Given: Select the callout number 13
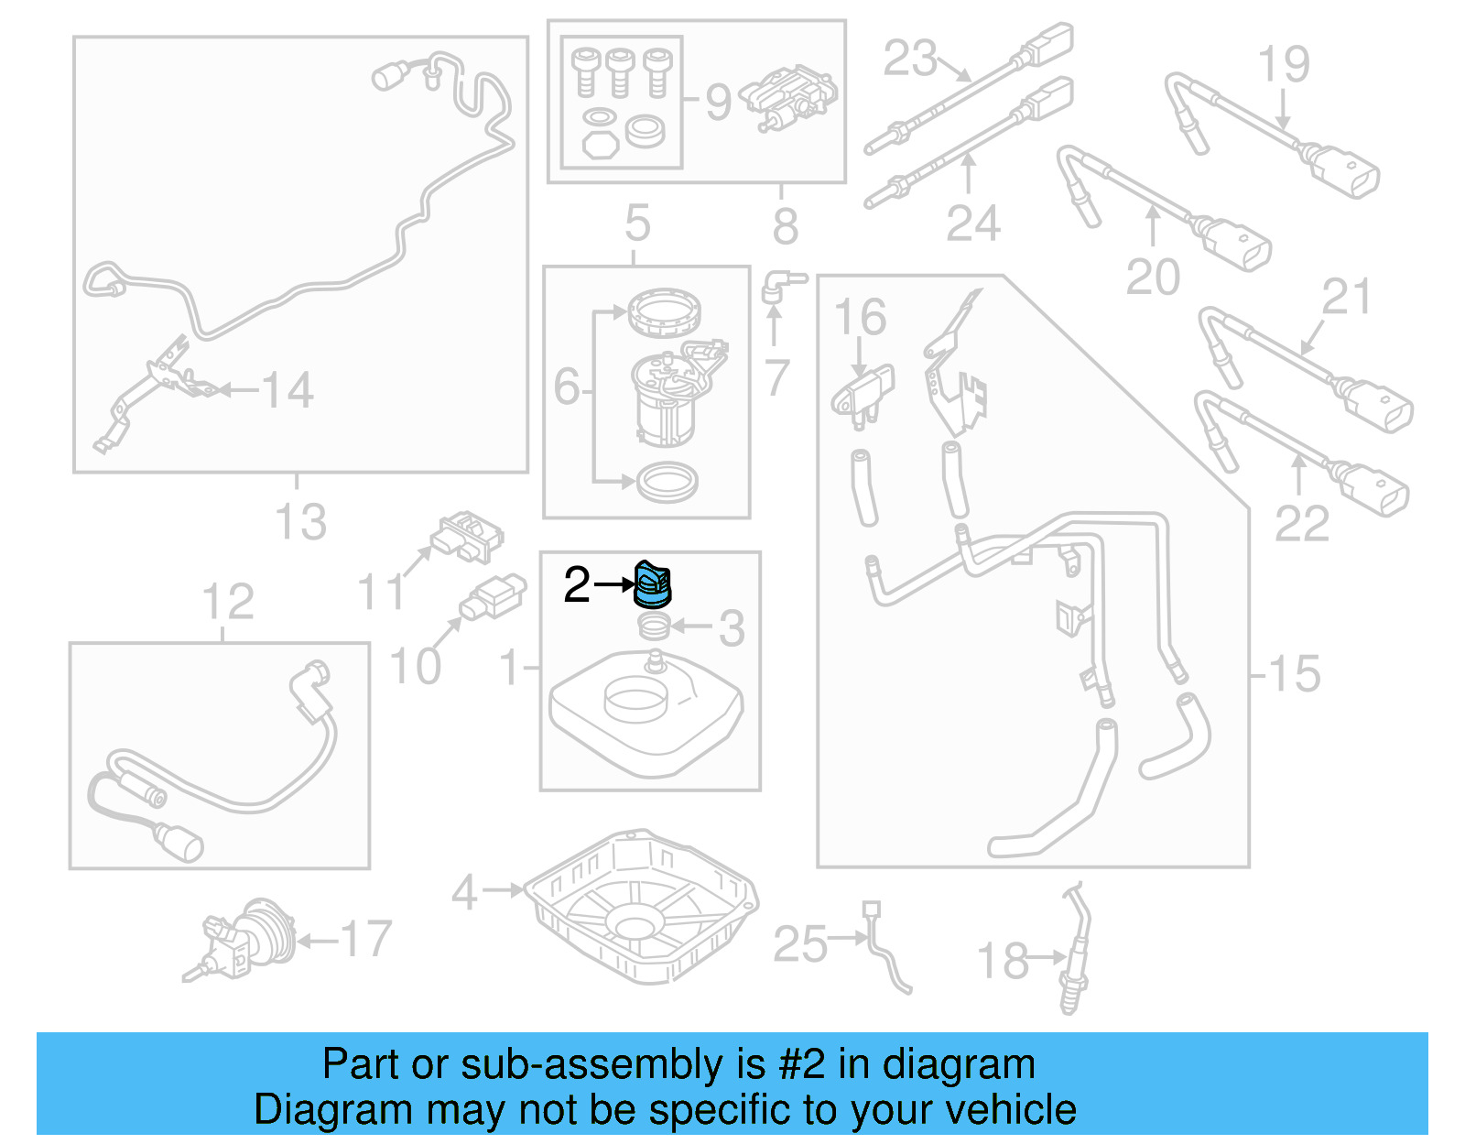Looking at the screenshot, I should (x=300, y=522).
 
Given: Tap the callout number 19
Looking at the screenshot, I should (x=1283, y=64).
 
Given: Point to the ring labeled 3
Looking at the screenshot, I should (x=654, y=627).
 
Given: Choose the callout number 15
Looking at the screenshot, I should (x=1294, y=674).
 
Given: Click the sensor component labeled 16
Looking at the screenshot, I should (x=863, y=394).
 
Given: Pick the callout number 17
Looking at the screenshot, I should (x=365, y=940).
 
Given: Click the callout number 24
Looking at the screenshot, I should (x=972, y=223).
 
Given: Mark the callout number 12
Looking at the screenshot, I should (x=228, y=603).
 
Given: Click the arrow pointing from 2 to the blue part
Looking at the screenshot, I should (x=613, y=583).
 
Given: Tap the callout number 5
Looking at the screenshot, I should (x=637, y=223).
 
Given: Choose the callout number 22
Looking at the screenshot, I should (x=1301, y=524).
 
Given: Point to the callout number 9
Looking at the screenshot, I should (x=718, y=103).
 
